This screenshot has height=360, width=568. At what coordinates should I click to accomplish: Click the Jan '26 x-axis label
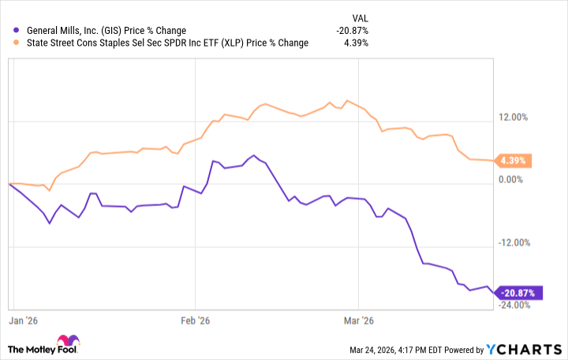click(23, 321)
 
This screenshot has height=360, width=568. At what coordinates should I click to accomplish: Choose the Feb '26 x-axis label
click(195, 321)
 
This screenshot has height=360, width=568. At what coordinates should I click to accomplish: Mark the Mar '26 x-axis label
click(357, 321)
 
